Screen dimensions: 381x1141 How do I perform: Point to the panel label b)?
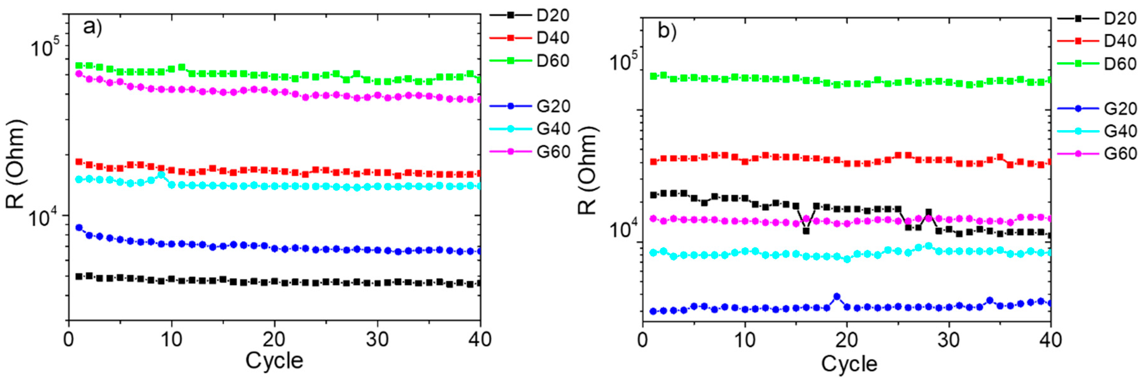(667, 31)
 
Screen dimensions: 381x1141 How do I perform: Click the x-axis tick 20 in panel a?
(274, 340)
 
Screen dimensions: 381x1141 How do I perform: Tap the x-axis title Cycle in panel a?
(274, 361)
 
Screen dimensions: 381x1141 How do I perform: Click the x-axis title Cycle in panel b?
(849, 364)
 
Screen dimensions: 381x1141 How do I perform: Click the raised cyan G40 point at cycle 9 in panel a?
(161, 175)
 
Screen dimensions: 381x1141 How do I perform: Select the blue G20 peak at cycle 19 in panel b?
(837, 297)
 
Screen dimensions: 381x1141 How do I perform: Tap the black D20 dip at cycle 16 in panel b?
(806, 231)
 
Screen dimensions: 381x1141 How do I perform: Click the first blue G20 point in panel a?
(79, 228)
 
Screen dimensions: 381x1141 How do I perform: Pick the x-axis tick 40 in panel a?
(480, 340)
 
